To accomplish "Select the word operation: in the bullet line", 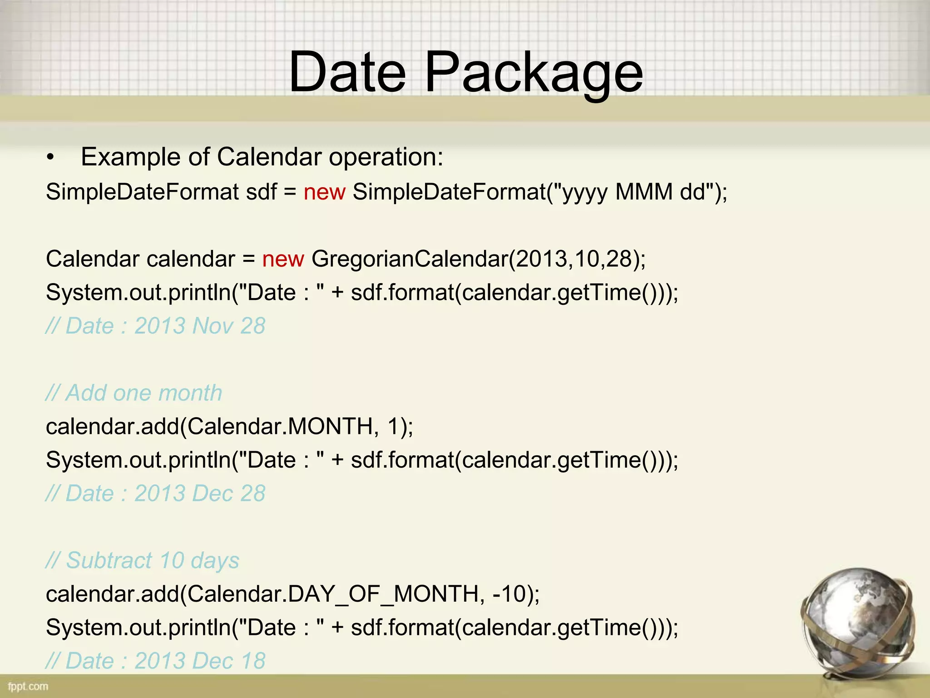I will pyautogui.click(x=386, y=157).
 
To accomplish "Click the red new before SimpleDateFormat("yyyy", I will pyautogui.click(x=324, y=192).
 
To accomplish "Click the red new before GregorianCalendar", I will pyautogui.click(x=283, y=259).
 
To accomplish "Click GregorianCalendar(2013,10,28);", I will pyautogui.click(x=478, y=259).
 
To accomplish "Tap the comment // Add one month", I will pyautogui.click(x=134, y=393).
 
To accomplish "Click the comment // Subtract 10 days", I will pyautogui.click(x=143, y=560).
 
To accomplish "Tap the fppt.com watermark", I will pyautogui.click(x=28, y=686).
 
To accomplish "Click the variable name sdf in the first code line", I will pyautogui.click(x=261, y=192).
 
